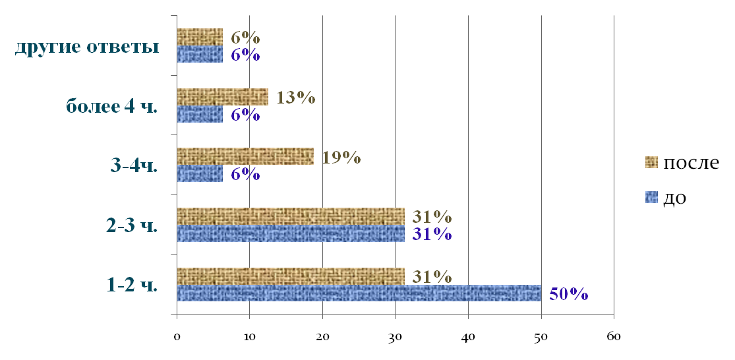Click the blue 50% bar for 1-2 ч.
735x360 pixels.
click(x=359, y=293)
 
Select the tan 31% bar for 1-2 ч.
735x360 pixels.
click(x=290, y=276)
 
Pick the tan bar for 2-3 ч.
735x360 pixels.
click(x=290, y=216)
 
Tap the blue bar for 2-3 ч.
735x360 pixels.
click(x=290, y=233)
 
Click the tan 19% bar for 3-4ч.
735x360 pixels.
click(x=245, y=156)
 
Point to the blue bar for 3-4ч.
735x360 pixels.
click(x=200, y=173)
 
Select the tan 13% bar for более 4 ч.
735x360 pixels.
click(x=222, y=97)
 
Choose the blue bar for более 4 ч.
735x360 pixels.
click(x=200, y=114)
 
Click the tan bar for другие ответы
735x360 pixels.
click(x=200, y=37)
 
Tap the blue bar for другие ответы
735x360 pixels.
click(x=200, y=54)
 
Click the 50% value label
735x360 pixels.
click(x=568, y=294)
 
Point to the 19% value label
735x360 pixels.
click(x=341, y=157)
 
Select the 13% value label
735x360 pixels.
click(x=295, y=98)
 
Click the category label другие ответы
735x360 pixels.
click(x=87, y=47)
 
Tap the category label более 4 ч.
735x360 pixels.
click(x=112, y=106)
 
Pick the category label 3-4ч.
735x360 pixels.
click(x=134, y=165)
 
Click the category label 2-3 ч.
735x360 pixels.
click(x=132, y=225)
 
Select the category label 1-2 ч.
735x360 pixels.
click(x=132, y=285)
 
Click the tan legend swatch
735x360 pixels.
click(x=651, y=162)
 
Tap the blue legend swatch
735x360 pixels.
click(x=651, y=196)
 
